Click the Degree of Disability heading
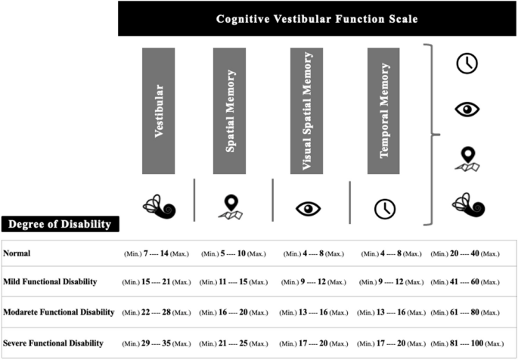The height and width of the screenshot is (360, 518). tap(59, 224)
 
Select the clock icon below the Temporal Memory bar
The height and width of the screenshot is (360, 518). tap(386, 209)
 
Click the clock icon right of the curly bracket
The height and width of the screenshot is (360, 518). tap(467, 63)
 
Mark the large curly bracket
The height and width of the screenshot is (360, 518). tap(432, 135)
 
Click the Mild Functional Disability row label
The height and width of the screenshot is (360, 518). tap(51, 281)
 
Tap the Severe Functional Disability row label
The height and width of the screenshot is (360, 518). tap(53, 343)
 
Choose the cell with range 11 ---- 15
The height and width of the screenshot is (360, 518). tap(233, 282)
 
